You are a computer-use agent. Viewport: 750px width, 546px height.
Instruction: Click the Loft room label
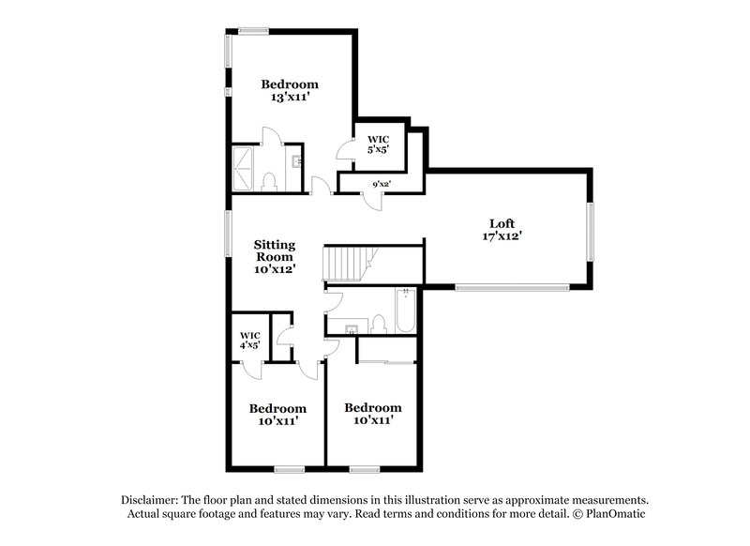click(x=502, y=223)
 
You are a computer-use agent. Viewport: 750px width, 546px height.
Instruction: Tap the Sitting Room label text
click(x=275, y=250)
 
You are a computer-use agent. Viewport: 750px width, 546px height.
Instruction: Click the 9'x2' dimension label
click(x=381, y=185)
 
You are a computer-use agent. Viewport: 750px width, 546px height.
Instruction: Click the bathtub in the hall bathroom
click(x=405, y=313)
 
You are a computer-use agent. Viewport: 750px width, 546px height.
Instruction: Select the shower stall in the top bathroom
click(x=245, y=170)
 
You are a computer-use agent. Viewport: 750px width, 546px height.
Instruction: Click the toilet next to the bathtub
click(x=380, y=324)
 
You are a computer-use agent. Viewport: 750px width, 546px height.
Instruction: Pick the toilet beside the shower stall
click(x=268, y=181)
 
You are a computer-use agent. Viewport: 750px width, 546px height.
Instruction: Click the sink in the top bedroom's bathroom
click(x=297, y=161)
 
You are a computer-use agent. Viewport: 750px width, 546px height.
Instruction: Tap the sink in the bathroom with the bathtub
click(x=351, y=328)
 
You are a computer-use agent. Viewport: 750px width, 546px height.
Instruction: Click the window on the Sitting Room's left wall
click(x=227, y=236)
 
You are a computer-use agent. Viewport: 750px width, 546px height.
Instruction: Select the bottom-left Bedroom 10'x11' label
click(x=277, y=415)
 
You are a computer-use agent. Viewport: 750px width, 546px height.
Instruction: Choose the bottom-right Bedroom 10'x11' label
click(x=372, y=414)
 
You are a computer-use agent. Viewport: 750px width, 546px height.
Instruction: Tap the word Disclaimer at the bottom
click(x=151, y=500)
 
